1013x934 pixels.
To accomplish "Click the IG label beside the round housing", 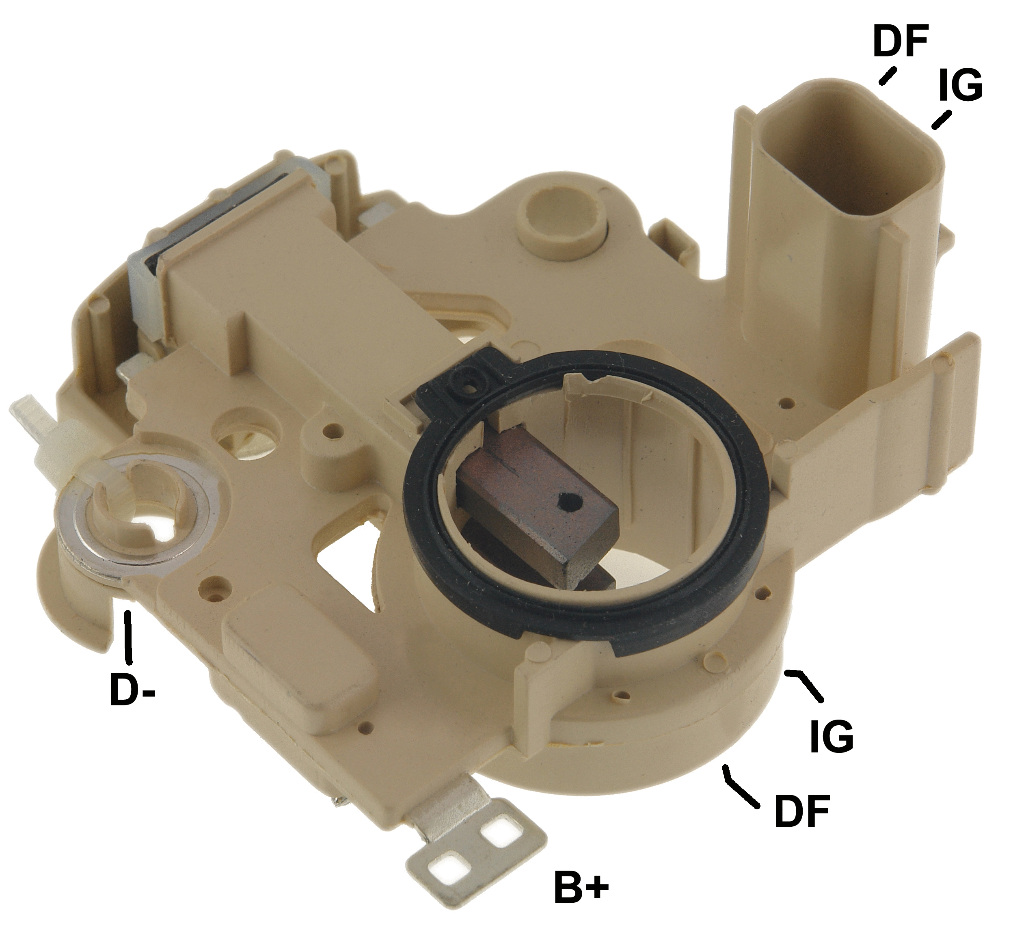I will [x=832, y=736].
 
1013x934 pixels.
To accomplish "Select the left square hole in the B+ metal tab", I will [x=447, y=868].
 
